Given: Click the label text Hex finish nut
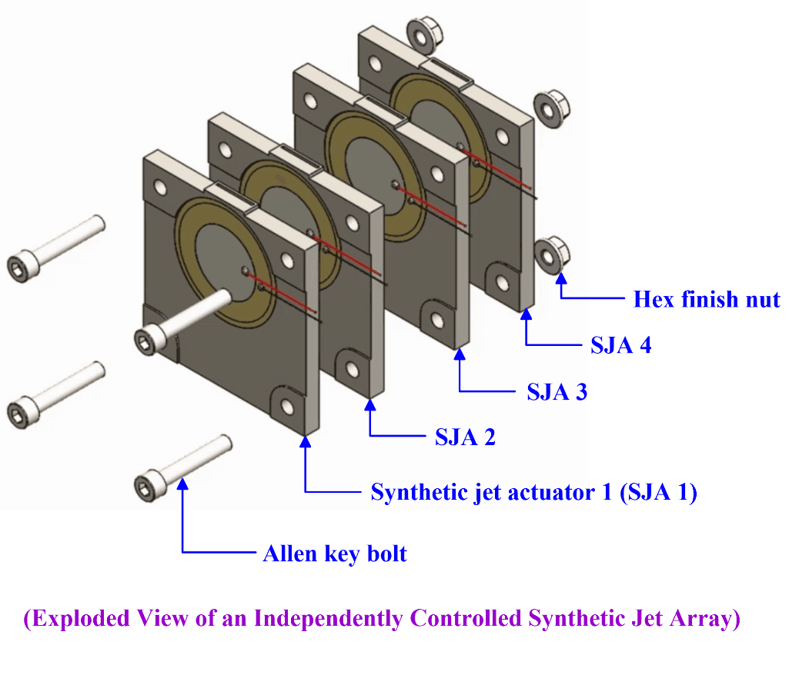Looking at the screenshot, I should pos(706,299).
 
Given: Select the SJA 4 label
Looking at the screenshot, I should pos(620,345).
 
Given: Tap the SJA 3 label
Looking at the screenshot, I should pos(557,392).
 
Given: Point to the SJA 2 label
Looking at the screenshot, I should pos(465,437).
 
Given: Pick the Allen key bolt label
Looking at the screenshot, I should pos(335,554).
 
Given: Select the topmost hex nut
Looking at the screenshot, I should pos(420,33).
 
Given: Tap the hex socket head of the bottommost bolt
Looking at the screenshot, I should pos(146,486).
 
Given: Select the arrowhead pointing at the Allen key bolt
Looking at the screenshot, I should pos(182,483).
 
